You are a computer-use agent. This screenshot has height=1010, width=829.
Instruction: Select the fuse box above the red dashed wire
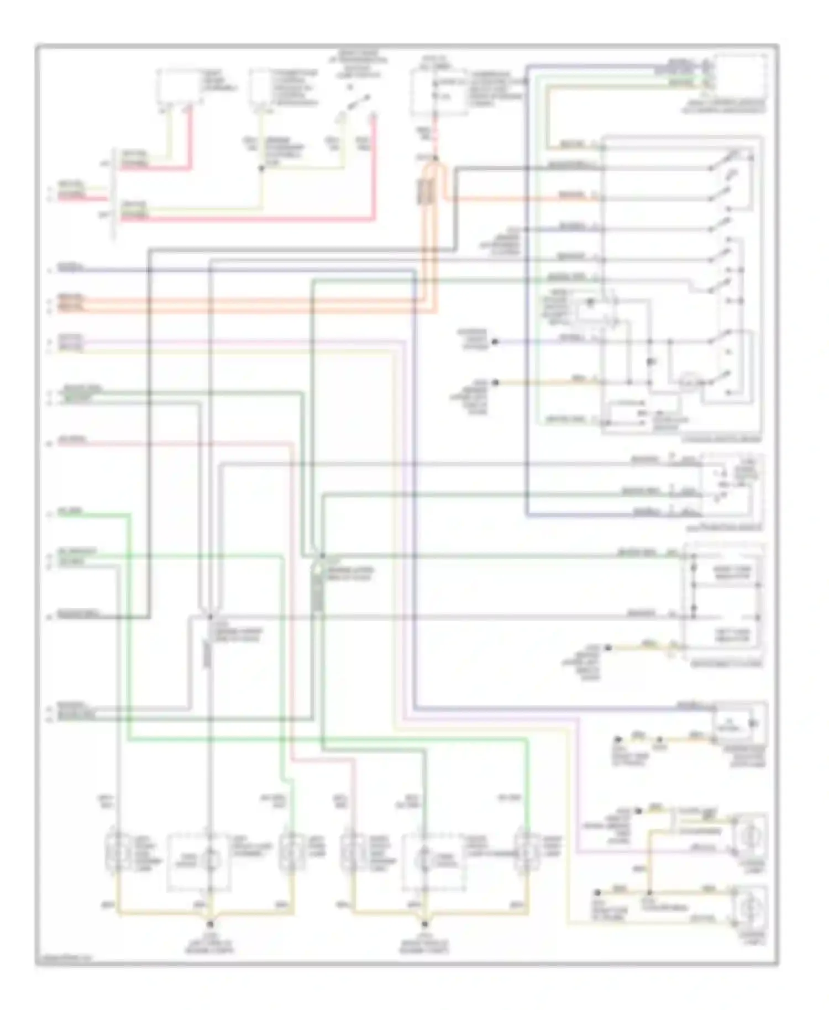click(438, 93)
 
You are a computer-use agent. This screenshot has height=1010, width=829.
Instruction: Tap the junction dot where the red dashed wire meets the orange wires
click(436, 159)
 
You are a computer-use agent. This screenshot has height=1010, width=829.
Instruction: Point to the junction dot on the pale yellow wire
click(261, 167)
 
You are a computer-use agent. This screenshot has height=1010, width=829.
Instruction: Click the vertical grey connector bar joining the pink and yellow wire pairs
click(115, 194)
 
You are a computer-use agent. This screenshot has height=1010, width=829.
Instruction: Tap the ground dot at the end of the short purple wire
click(495, 342)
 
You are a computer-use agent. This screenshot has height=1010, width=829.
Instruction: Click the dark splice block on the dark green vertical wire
click(317, 591)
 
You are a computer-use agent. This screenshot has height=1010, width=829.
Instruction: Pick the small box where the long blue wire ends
click(738, 724)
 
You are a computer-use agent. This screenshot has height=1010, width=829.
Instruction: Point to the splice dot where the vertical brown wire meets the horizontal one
click(650, 893)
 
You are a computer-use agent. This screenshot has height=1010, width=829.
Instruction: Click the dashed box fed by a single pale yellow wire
click(264, 88)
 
